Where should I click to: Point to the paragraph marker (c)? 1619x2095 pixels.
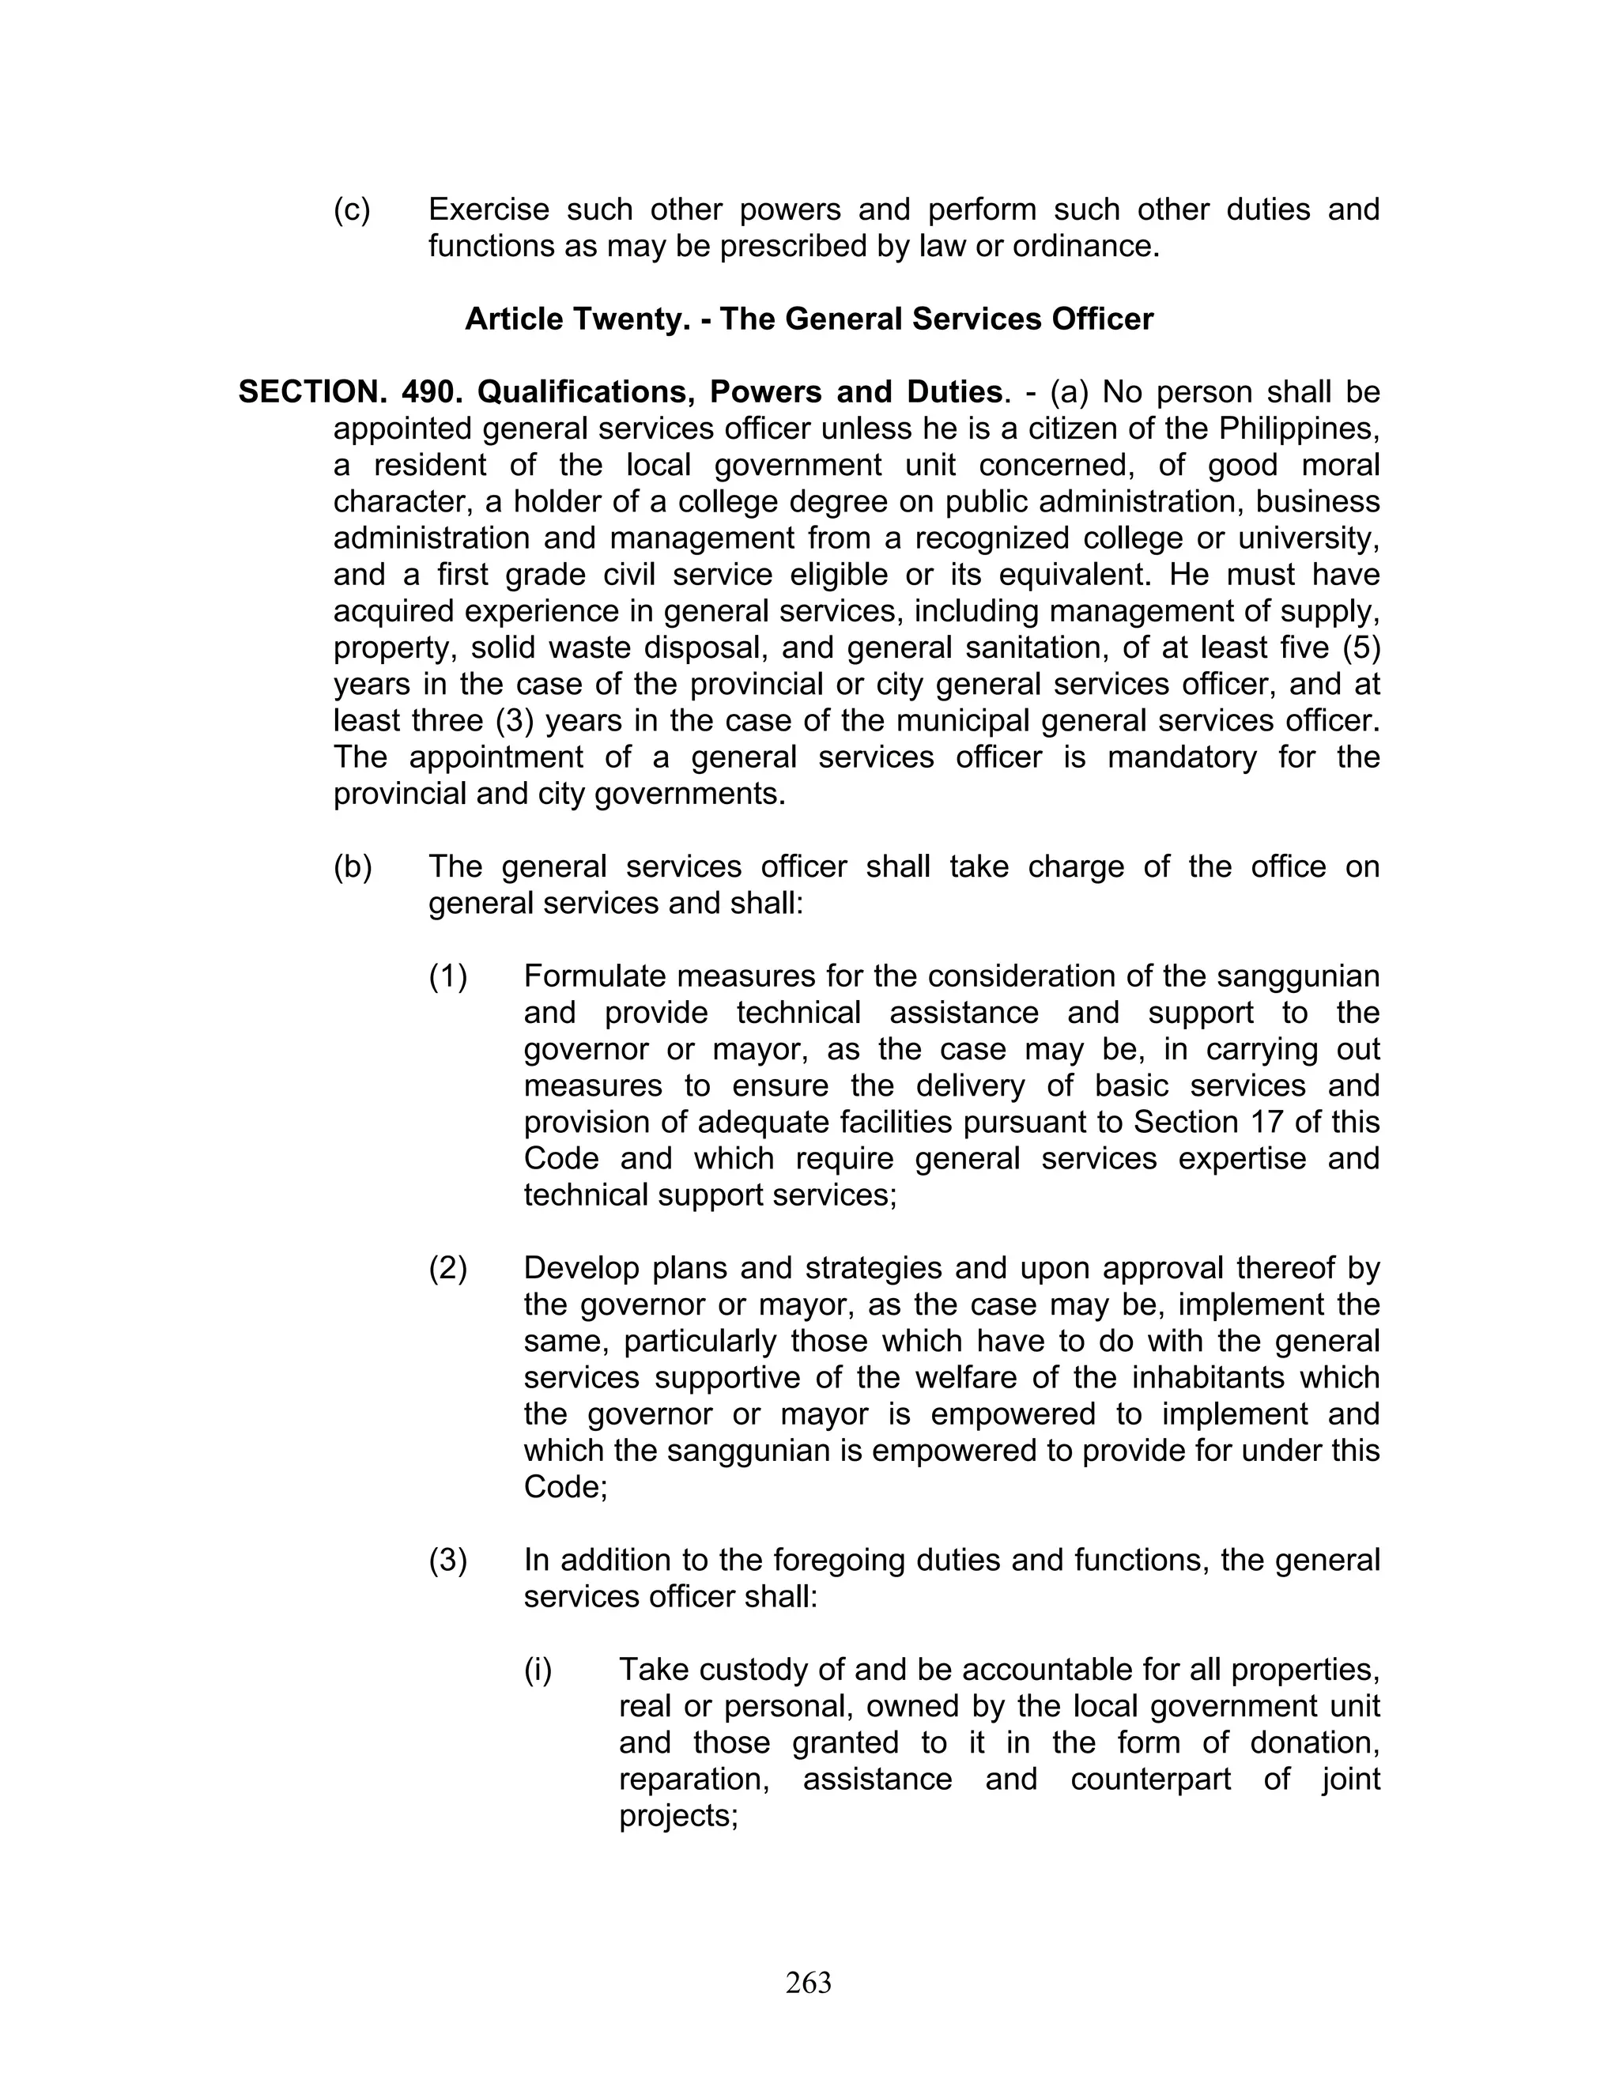pyautogui.click(x=352, y=210)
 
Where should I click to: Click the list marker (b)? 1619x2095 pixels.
pyautogui.click(x=352, y=867)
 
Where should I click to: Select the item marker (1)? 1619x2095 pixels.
pyautogui.click(x=448, y=976)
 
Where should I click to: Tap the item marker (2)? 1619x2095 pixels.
pyautogui.click(x=448, y=1268)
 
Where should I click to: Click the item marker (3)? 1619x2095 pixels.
pyautogui.click(x=448, y=1561)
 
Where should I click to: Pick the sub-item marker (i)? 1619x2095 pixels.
pyautogui.click(x=538, y=1670)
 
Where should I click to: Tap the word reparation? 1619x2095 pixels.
pyautogui.click(x=694, y=1780)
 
